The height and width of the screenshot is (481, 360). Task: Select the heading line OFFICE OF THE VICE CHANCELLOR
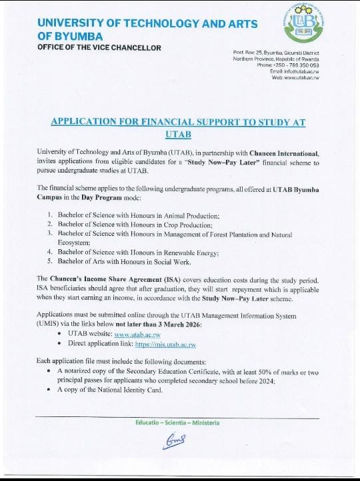point(99,47)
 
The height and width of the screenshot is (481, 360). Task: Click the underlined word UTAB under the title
point(178,135)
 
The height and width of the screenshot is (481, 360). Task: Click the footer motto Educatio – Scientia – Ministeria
point(177,422)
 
